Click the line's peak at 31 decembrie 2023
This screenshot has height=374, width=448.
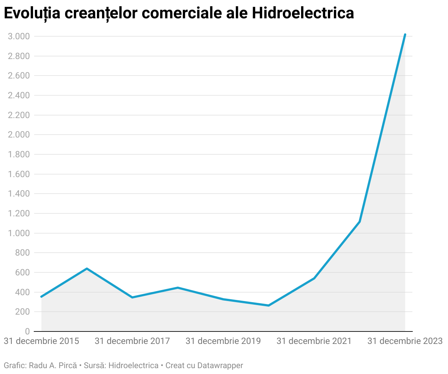(405, 34)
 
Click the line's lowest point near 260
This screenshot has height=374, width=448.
(268, 305)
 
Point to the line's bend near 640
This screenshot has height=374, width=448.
(87, 268)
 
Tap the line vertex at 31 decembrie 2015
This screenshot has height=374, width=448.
(41, 297)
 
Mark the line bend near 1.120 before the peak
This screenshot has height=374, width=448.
(360, 221)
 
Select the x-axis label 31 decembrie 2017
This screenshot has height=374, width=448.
(132, 341)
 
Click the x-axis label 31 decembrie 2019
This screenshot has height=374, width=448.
(223, 341)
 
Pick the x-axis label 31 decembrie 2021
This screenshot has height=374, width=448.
(314, 341)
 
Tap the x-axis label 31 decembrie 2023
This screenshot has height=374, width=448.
(405, 341)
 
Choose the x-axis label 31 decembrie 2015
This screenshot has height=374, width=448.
(41, 341)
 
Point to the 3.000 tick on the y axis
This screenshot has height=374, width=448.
(18, 36)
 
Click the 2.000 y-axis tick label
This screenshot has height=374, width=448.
(18, 135)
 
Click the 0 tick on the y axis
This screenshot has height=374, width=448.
(27, 331)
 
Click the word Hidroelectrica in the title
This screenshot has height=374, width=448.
(303, 13)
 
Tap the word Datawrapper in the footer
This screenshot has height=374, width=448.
(220, 365)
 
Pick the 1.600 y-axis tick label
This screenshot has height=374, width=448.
(18, 174)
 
